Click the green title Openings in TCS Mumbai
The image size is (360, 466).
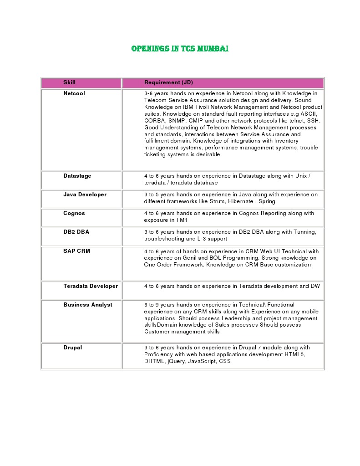180,48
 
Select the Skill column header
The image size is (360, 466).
69,82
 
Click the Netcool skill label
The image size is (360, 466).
74,93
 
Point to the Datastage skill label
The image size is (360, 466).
77,176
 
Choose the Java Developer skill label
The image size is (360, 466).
85,195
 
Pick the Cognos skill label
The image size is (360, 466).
74,213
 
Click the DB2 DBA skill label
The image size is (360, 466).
76,232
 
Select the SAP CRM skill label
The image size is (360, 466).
76,251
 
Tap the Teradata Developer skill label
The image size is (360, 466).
91,286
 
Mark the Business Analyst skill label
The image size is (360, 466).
88,305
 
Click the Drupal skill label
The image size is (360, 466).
73,348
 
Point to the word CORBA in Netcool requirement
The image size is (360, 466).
154,120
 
